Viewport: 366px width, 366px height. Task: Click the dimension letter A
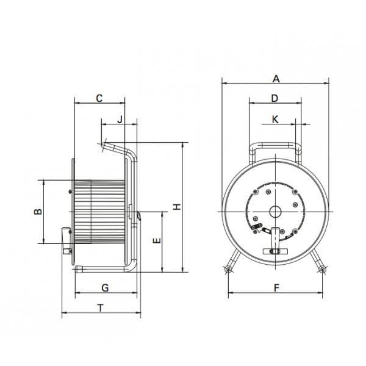[276, 79]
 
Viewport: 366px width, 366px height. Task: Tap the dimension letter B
[38, 212]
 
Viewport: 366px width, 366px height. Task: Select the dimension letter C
[99, 98]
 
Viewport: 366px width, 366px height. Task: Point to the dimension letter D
[274, 98]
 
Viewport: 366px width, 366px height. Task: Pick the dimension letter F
[276, 288]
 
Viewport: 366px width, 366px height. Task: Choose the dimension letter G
[105, 288]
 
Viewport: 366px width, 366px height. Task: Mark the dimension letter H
[177, 207]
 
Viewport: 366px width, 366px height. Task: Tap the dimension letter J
[120, 120]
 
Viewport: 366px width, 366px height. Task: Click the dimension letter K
[275, 120]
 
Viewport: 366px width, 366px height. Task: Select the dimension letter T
[101, 308]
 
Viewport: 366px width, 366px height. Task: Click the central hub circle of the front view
[276, 212]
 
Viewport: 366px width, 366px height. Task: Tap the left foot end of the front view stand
[228, 270]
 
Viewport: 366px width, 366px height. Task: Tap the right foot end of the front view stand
[322, 270]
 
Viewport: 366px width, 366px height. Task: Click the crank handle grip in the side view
[66, 241]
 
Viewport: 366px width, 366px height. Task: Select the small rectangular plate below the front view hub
[276, 251]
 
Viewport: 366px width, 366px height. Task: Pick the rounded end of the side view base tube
[78, 269]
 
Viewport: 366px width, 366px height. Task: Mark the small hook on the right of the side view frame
[139, 216]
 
